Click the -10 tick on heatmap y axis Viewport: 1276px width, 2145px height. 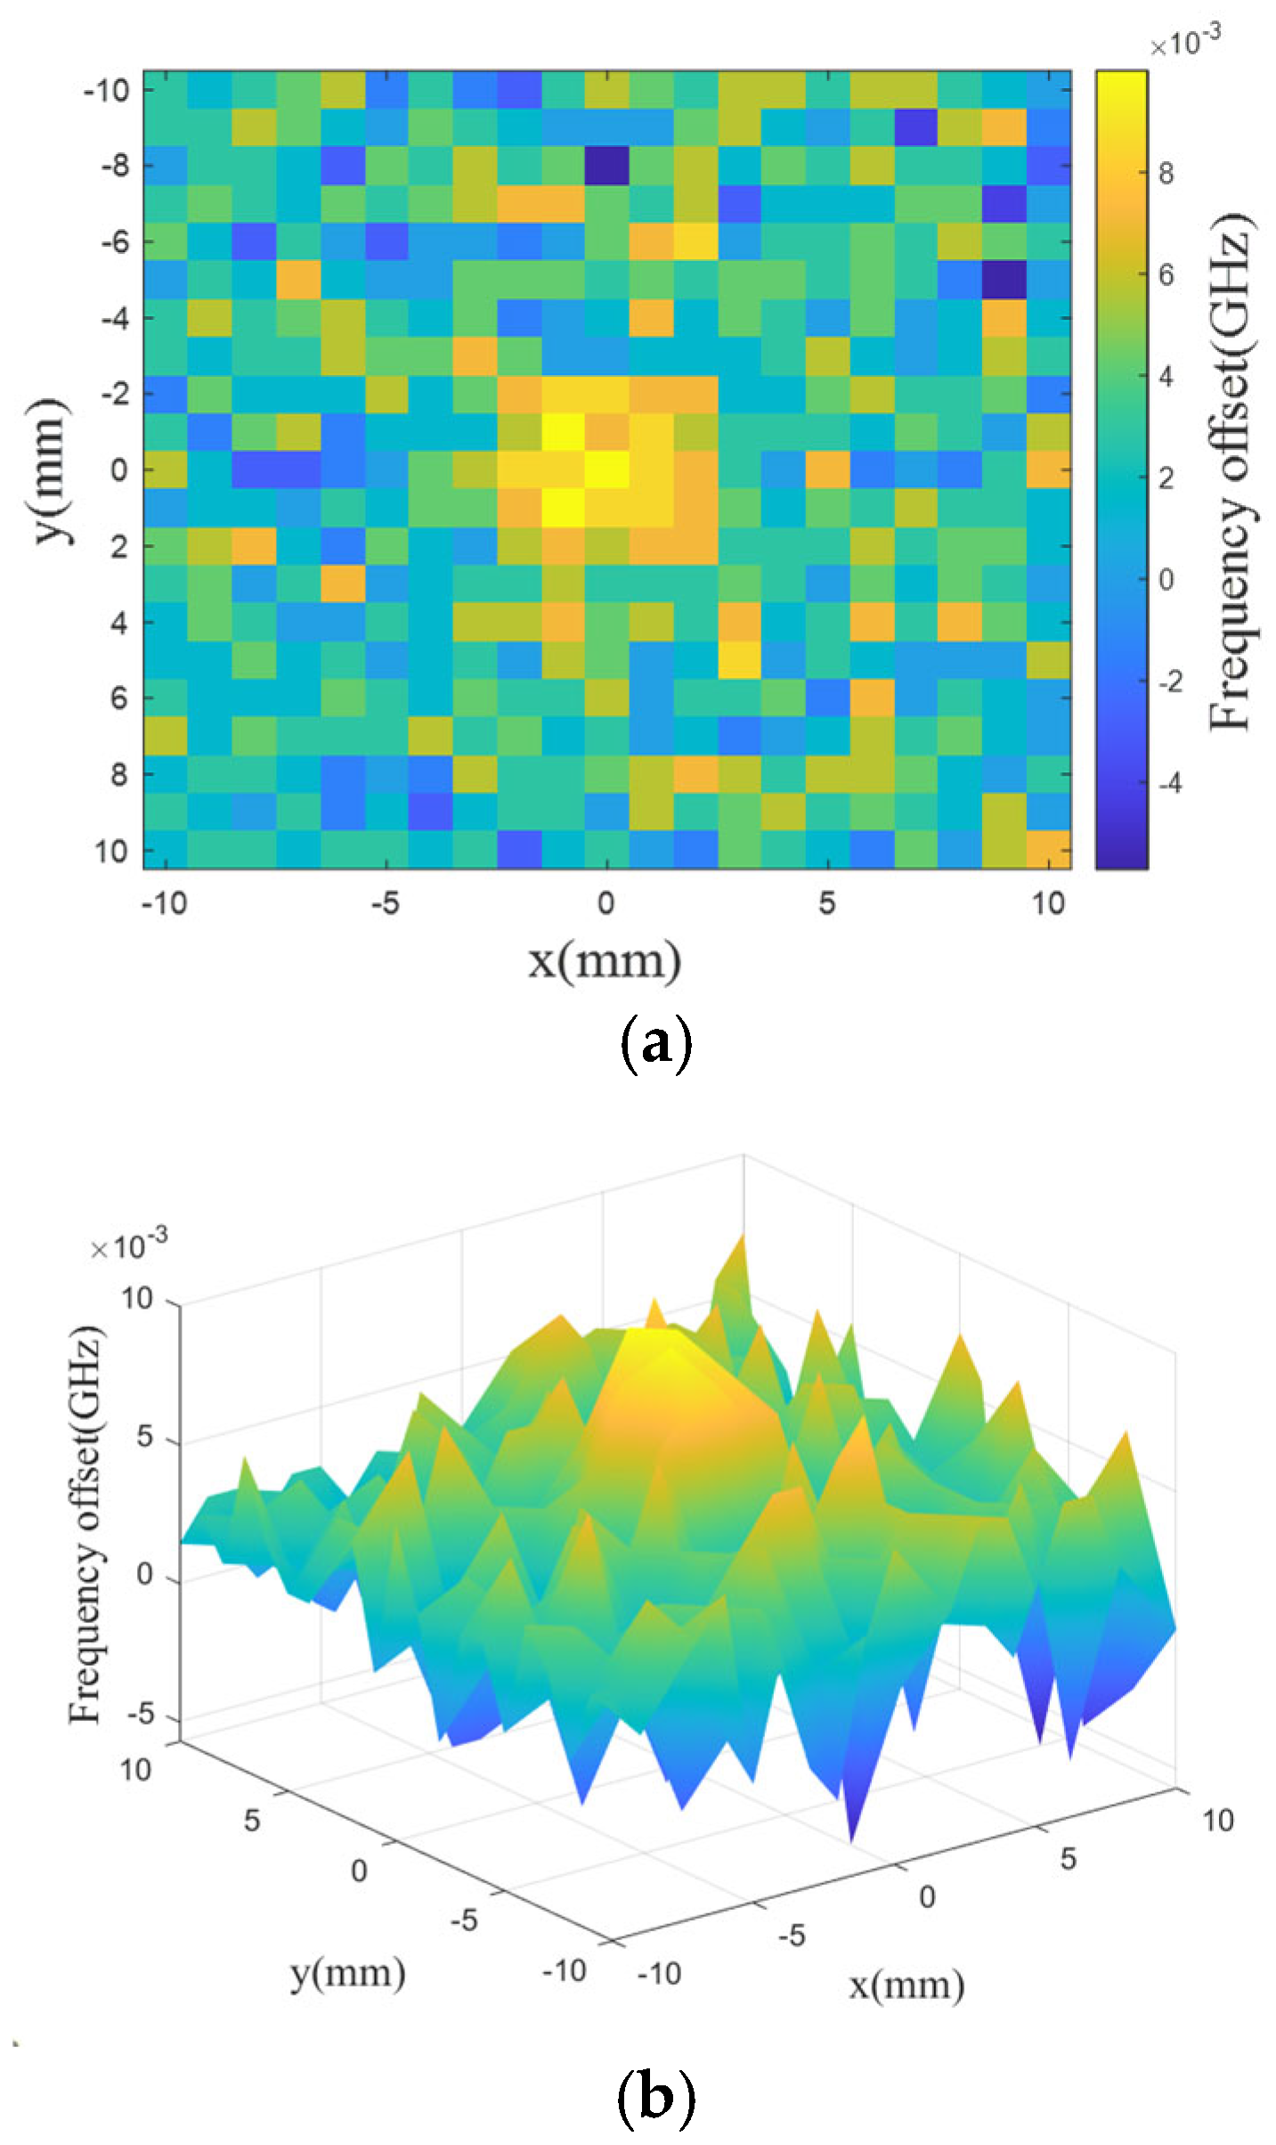click(x=106, y=90)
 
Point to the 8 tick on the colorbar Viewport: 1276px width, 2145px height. click(x=1166, y=173)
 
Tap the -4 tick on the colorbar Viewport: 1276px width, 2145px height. click(x=1169, y=783)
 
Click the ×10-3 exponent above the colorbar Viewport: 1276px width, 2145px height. click(x=1184, y=41)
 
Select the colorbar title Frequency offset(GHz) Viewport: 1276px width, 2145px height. click(x=1231, y=472)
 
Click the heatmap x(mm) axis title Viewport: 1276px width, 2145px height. click(x=605, y=961)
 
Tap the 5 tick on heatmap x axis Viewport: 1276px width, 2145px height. click(x=827, y=903)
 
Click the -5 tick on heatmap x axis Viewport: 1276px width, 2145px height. click(x=385, y=903)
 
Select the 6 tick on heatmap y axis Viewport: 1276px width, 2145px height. click(x=118, y=698)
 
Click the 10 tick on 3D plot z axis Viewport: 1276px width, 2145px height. click(x=138, y=1299)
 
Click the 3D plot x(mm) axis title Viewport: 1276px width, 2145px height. click(x=906, y=1985)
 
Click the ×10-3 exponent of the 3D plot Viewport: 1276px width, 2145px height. click(x=128, y=1244)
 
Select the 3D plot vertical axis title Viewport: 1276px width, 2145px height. click(x=85, y=1523)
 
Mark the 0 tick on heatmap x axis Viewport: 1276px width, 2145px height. click(x=605, y=903)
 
